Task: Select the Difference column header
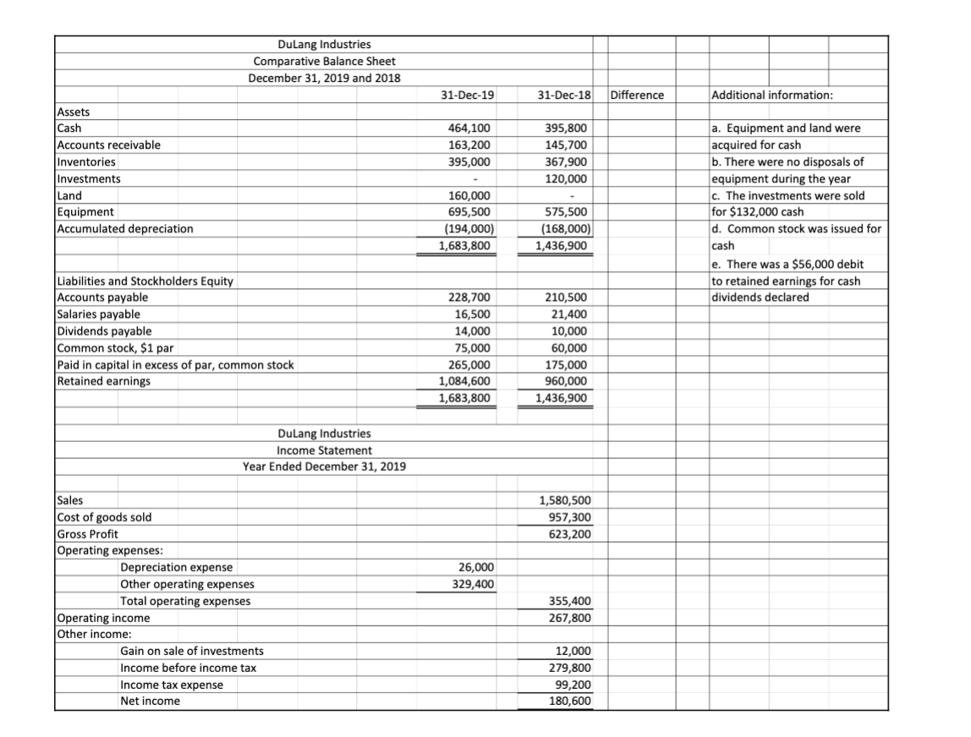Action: [636, 95]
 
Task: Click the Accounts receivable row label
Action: [108, 145]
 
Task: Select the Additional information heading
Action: [773, 95]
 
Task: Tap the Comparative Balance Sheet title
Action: [324, 61]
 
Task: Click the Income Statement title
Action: [324, 450]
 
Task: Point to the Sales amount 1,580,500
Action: [564, 500]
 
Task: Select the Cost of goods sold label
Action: [104, 516]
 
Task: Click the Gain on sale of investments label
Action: [192, 651]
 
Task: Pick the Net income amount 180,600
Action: [568, 701]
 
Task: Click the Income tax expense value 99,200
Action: [571, 685]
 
